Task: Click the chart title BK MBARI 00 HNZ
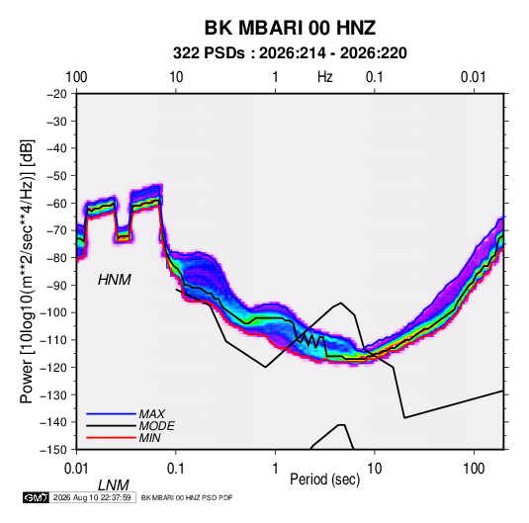[290, 28]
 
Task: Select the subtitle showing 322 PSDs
[290, 53]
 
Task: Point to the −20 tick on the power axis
[56, 94]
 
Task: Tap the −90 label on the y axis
[56, 285]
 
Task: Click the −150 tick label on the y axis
[54, 450]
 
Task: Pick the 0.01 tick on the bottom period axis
[76, 469]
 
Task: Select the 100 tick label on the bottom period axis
[474, 469]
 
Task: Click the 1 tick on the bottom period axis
[275, 469]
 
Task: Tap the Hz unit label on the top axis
[325, 77]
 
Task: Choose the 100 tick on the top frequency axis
[76, 77]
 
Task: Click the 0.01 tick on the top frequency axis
[474, 77]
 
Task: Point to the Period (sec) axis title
[325, 479]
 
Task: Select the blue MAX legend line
[111, 413]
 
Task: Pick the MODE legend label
[157, 426]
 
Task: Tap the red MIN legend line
[111, 438]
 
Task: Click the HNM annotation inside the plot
[115, 280]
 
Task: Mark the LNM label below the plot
[114, 485]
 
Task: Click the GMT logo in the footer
[37, 497]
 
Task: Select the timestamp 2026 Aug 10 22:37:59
[92, 497]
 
